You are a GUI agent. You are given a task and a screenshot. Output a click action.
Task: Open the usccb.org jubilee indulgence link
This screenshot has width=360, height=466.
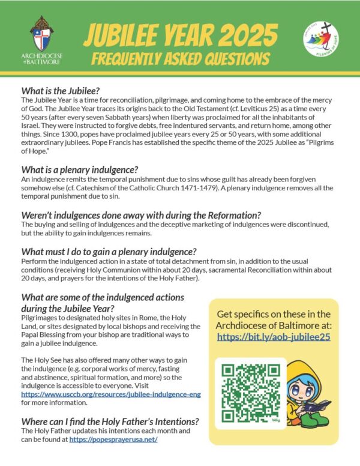coord(111,394)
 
